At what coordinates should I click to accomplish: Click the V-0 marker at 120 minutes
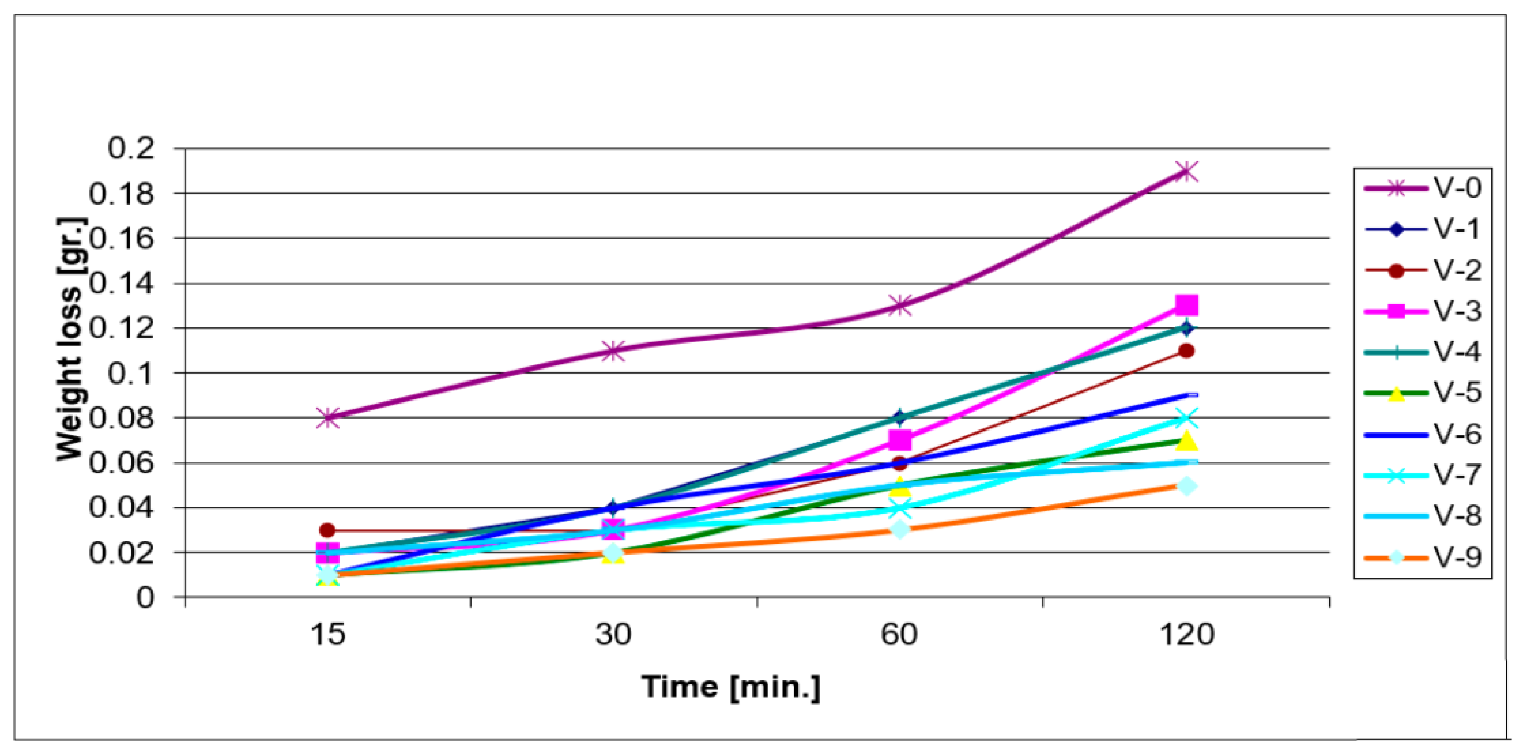point(1186,172)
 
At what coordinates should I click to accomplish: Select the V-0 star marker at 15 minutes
point(328,418)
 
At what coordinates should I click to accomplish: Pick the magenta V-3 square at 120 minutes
point(1186,306)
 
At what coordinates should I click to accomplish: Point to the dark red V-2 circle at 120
point(1186,351)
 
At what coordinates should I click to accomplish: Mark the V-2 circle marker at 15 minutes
point(328,530)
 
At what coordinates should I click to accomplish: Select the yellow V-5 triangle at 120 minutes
point(1186,440)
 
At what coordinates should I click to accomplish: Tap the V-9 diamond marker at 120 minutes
point(1186,486)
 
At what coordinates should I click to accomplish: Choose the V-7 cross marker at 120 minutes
point(1186,419)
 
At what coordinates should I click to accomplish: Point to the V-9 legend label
point(1457,556)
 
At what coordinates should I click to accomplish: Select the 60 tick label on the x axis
point(899,635)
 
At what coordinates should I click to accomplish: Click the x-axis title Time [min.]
point(731,687)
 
